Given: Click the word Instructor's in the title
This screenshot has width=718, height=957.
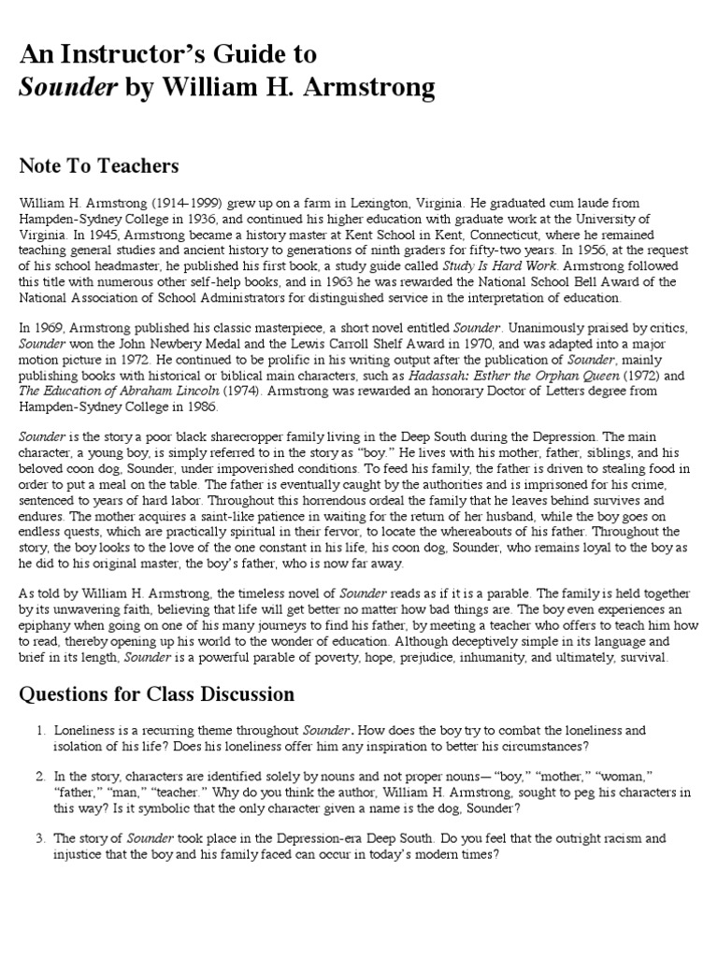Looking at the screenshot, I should coord(151,53).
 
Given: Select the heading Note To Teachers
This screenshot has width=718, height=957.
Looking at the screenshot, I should coord(98,166).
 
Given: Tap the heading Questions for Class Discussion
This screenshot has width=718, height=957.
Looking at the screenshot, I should coord(156,694).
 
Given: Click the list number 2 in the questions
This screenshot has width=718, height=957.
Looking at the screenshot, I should coord(40,777).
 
